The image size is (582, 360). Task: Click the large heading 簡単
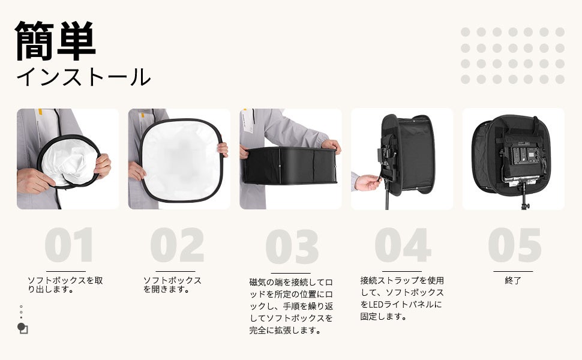point(56,41)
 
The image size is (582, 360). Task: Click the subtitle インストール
point(83,77)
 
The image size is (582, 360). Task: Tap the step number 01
point(69,245)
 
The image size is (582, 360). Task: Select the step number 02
point(178,245)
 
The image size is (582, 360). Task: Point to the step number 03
point(292,247)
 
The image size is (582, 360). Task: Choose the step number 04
point(403,245)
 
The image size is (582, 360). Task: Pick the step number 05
point(514,245)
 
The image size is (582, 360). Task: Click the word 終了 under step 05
point(513,281)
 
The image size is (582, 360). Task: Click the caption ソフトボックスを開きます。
point(172,284)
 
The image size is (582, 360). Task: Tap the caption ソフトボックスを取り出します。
point(65,284)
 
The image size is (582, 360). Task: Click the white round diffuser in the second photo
point(181,160)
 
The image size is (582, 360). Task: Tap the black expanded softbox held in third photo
point(290,166)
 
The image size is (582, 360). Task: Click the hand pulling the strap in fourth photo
point(367,182)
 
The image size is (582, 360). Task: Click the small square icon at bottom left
point(24,329)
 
